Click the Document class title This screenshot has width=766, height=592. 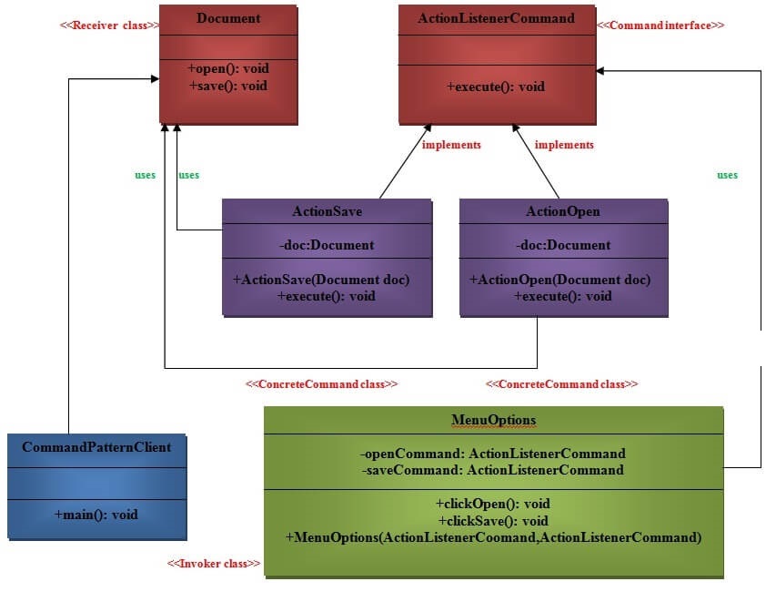[228, 18]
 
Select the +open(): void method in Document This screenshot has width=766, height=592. [228, 68]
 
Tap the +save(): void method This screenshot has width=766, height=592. [228, 86]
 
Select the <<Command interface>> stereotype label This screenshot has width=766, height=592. [660, 26]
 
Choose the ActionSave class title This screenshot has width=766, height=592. [327, 211]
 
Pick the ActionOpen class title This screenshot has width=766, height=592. [563, 211]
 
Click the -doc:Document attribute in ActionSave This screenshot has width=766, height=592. [327, 245]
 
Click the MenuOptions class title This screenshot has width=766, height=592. [494, 420]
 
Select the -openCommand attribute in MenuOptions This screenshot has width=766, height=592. [493, 453]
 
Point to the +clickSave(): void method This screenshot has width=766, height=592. [493, 521]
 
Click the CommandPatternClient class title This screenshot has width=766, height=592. [96, 447]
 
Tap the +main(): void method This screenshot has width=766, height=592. [96, 515]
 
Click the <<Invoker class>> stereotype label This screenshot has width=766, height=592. [214, 565]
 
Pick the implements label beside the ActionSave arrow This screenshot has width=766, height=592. [451, 145]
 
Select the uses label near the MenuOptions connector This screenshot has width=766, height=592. [727, 175]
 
